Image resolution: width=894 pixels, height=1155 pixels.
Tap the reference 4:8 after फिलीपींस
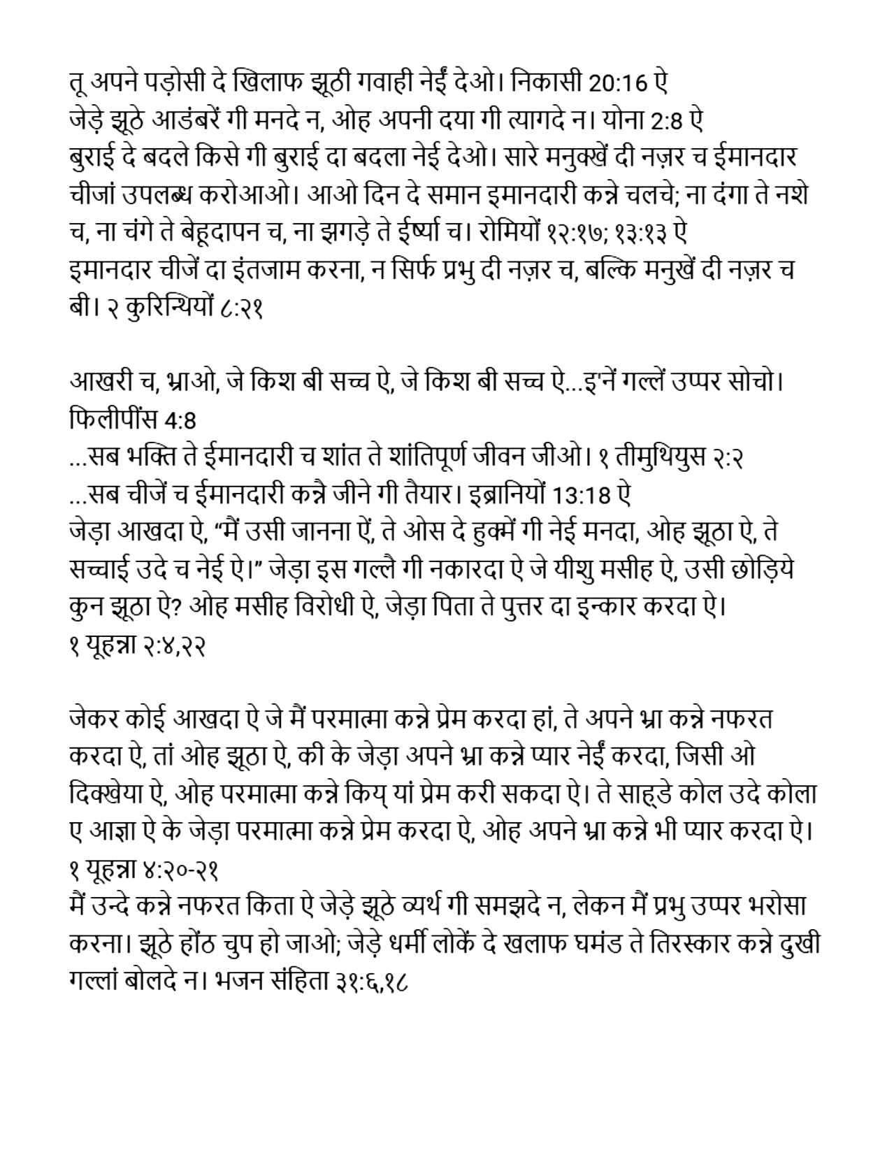179,420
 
